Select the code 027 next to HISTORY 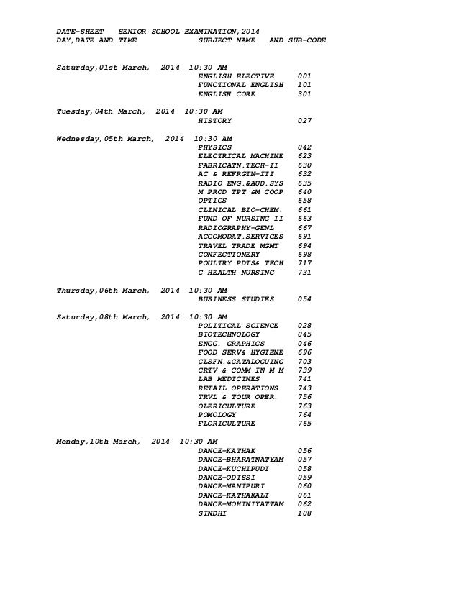[304, 121]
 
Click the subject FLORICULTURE [227, 424]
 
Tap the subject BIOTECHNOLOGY [229, 334]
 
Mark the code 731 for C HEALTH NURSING [304, 273]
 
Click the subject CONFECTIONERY [229, 255]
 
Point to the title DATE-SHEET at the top [81, 31]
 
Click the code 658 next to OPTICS [304, 201]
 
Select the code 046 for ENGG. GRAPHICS [304, 344]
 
